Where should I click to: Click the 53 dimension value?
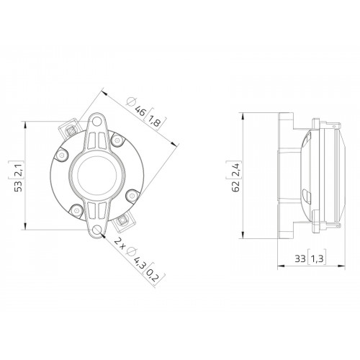pos(19,186)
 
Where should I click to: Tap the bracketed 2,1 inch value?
pos(19,169)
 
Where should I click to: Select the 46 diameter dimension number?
pos(140,111)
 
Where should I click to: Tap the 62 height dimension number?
pos(236,186)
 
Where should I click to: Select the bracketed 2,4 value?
pos(236,169)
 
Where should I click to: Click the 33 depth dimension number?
pos(300,258)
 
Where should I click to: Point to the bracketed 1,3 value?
pos(317,258)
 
